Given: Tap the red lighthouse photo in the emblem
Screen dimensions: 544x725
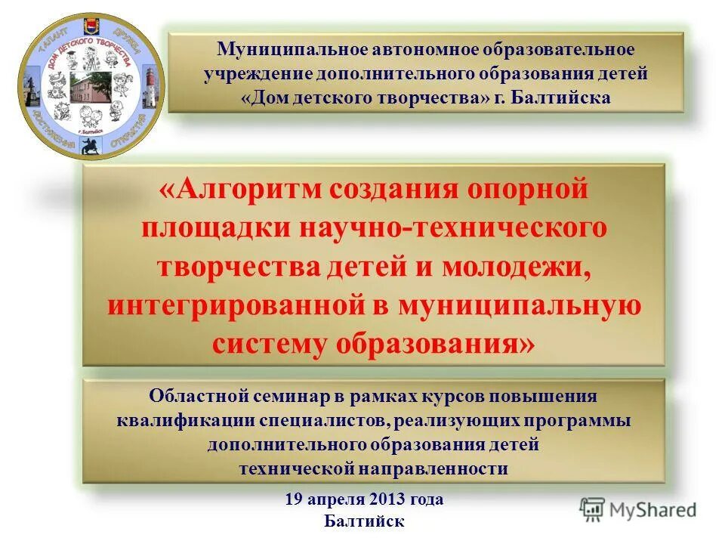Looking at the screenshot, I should (x=150, y=83).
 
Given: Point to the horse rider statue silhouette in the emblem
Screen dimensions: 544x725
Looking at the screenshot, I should (x=92, y=144).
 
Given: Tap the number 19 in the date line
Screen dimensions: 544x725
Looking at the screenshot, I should (x=294, y=499).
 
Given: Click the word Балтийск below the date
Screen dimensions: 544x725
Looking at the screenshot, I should (x=364, y=521).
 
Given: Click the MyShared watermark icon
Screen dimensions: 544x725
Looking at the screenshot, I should (x=593, y=509).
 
